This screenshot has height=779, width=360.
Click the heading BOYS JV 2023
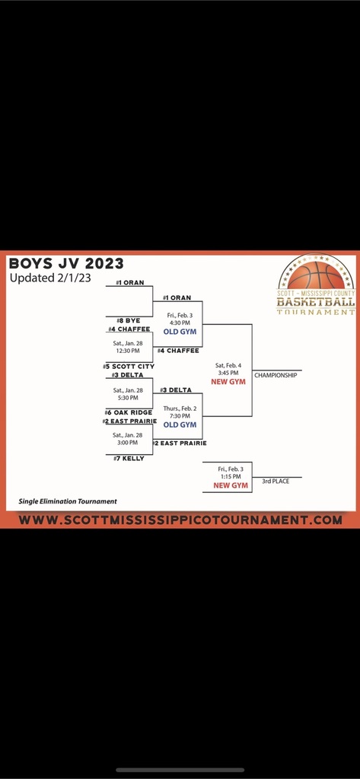pyautogui.click(x=66, y=263)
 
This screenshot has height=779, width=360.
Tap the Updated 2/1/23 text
pyautogui.click(x=50, y=278)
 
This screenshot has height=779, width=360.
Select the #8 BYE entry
pyautogui.click(x=129, y=320)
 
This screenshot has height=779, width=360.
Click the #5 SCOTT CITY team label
pyautogui.click(x=129, y=366)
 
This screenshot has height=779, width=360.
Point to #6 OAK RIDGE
pyautogui.click(x=129, y=412)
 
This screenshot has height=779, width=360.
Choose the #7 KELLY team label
pyautogui.click(x=129, y=459)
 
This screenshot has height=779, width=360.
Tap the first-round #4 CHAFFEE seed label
pyautogui.click(x=129, y=329)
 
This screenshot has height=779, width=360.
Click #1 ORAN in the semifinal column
pyautogui.click(x=177, y=297)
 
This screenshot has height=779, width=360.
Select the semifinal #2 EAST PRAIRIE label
pyautogui.click(x=180, y=443)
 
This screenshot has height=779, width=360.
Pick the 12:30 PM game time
pyautogui.click(x=129, y=351)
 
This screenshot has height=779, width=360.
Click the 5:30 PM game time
pyautogui.click(x=129, y=397)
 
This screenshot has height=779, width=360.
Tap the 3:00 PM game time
pyautogui.click(x=129, y=442)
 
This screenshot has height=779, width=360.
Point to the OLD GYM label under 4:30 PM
pyautogui.click(x=180, y=332)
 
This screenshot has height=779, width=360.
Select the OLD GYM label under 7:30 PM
pyautogui.click(x=180, y=424)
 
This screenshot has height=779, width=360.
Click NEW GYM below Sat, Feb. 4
pyautogui.click(x=228, y=382)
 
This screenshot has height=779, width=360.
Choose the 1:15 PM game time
pyautogui.click(x=229, y=476)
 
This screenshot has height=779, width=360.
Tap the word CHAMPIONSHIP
pyautogui.click(x=276, y=376)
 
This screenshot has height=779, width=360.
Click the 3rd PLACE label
pyautogui.click(x=276, y=482)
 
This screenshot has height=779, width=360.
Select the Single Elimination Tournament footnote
pyautogui.click(x=68, y=501)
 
